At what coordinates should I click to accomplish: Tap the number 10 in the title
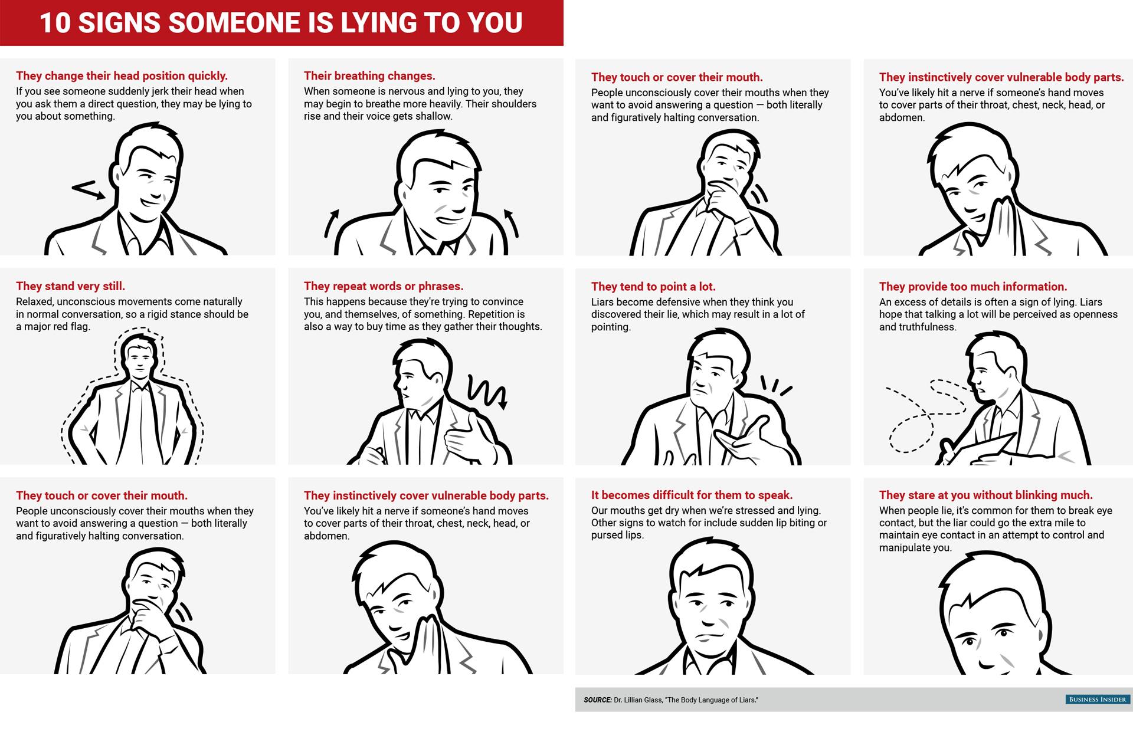pyautogui.click(x=54, y=22)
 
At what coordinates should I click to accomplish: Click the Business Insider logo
pyautogui.click(x=1098, y=700)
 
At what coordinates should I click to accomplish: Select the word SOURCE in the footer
pyautogui.click(x=597, y=700)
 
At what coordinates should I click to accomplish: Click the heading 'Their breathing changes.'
pyautogui.click(x=369, y=75)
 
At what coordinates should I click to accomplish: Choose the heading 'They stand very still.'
pyautogui.click(x=70, y=286)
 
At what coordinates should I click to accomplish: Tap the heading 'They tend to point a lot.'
pyautogui.click(x=653, y=287)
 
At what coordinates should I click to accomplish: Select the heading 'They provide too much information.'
pyautogui.click(x=973, y=287)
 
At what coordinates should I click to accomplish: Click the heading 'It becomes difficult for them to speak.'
pyautogui.click(x=692, y=495)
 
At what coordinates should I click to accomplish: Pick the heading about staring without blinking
pyautogui.click(x=986, y=495)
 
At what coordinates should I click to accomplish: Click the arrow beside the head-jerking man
pyautogui.click(x=89, y=190)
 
